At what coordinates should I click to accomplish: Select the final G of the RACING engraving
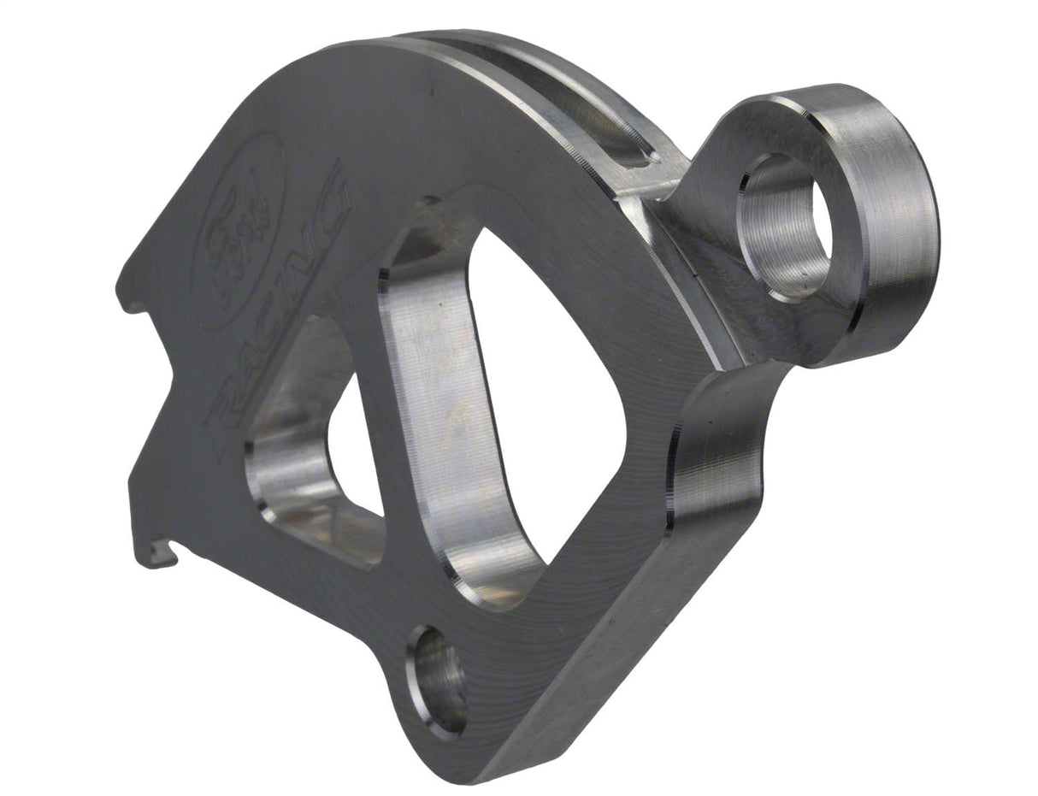coord(329,195)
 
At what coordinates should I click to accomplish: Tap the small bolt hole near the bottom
coord(439,681)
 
